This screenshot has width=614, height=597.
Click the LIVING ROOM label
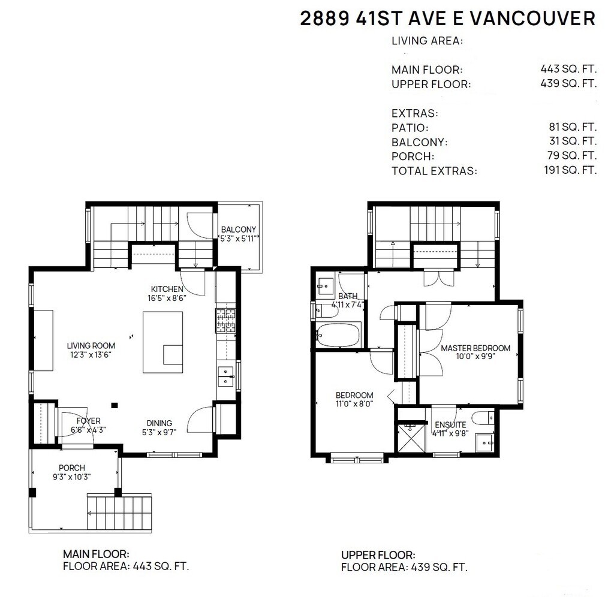pyautogui.click(x=91, y=346)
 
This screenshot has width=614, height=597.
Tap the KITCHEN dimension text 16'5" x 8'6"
pyautogui.click(x=167, y=298)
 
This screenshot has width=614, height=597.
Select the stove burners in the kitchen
pyautogui.click(x=225, y=321)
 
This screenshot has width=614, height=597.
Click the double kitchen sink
pyautogui.click(x=226, y=376)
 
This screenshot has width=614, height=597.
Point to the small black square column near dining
pyautogui.click(x=115, y=406)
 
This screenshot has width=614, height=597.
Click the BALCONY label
pyautogui.click(x=239, y=230)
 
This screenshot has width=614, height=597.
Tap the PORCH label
pyautogui.click(x=72, y=468)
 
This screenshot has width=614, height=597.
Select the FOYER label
pyautogui.click(x=89, y=421)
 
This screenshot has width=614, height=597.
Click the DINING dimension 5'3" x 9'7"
pyautogui.click(x=159, y=432)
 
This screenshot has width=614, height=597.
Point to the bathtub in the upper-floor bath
pyautogui.click(x=338, y=334)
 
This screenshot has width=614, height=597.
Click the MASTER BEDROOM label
pyautogui.click(x=475, y=348)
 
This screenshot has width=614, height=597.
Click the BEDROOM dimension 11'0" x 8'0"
pyautogui.click(x=354, y=403)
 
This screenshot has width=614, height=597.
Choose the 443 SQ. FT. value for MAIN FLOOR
pyautogui.click(x=568, y=69)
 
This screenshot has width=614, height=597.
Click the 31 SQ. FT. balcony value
pyautogui.click(x=573, y=141)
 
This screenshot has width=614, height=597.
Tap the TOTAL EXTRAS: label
pyautogui.click(x=434, y=171)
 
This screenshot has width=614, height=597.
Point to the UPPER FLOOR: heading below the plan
pyautogui.click(x=378, y=555)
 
